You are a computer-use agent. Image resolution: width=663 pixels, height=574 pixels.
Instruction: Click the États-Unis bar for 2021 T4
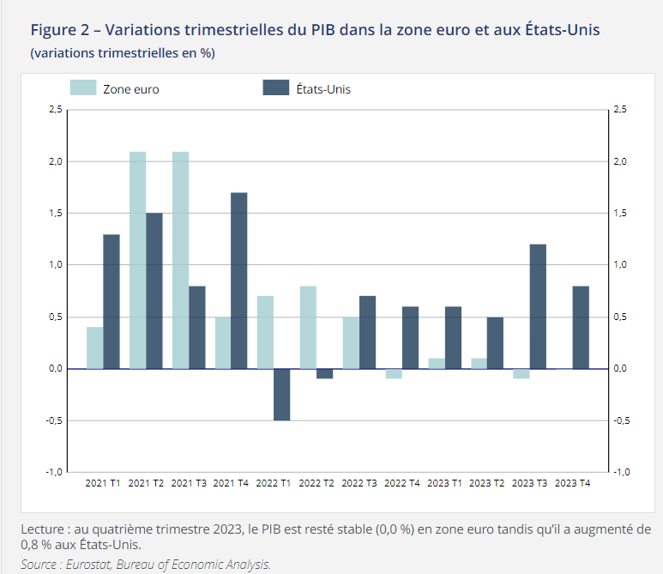click(239, 281)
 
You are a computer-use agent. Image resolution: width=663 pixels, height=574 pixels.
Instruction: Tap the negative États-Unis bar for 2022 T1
click(281, 395)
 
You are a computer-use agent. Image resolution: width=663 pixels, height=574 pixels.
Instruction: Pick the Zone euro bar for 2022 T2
click(308, 327)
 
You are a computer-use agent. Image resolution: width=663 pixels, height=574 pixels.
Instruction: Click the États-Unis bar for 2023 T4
click(581, 327)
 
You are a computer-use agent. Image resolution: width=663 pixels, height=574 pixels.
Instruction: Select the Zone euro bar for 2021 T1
click(94, 347)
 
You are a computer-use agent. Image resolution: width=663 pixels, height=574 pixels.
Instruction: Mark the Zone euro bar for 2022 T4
click(393, 374)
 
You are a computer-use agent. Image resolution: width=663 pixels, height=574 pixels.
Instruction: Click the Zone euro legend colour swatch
click(82, 88)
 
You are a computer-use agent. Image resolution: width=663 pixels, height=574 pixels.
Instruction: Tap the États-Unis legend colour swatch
click(274, 88)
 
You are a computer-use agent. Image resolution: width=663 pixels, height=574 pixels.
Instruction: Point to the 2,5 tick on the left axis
click(55, 110)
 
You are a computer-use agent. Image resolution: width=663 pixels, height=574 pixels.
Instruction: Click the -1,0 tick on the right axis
click(623, 473)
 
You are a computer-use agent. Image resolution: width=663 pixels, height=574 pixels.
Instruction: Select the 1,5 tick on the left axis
click(55, 214)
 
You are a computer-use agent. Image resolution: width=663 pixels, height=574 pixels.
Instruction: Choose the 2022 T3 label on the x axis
click(359, 484)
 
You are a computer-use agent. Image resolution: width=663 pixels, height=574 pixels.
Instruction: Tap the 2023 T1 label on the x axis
click(444, 484)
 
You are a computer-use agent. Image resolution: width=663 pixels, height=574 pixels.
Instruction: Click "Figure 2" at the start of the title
click(59, 30)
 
